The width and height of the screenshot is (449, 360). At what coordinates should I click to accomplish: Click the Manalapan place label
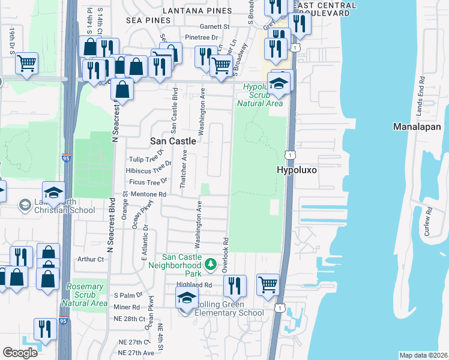417,127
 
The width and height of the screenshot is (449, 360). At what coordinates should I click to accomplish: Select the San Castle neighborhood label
172,140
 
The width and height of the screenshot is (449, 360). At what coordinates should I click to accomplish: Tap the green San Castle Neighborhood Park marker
210,263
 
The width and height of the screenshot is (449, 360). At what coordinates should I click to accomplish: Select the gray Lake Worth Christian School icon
25,205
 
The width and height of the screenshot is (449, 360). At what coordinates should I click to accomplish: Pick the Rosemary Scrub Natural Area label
87,295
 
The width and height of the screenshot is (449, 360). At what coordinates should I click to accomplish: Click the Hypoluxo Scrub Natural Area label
259,95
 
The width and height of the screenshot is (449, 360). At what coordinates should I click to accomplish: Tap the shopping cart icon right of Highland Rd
268,284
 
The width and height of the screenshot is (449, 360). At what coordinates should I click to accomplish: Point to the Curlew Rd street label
429,222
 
